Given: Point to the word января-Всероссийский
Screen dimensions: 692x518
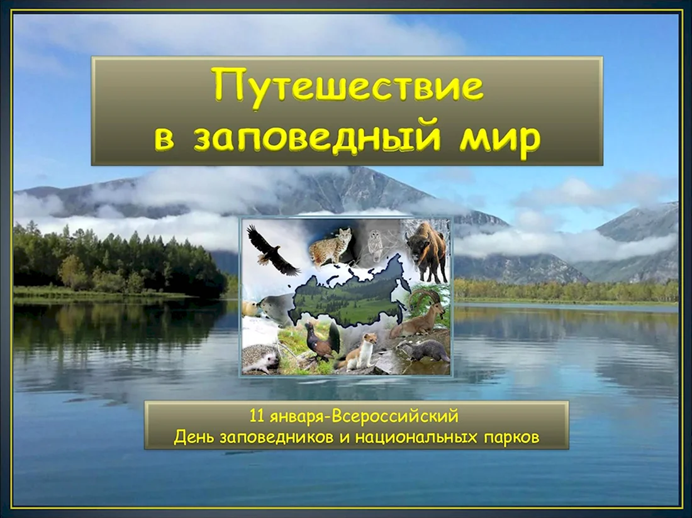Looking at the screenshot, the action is coord(364,417).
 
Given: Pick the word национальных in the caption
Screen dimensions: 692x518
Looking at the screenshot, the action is coord(416,438).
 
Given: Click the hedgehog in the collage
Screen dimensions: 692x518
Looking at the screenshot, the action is coord(261,358).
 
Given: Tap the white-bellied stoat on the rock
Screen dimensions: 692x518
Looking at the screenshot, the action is coord(357,351).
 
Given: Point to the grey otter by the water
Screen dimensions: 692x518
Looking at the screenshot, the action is coord(423,351).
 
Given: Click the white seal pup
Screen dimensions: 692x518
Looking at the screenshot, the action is coord(252,308).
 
